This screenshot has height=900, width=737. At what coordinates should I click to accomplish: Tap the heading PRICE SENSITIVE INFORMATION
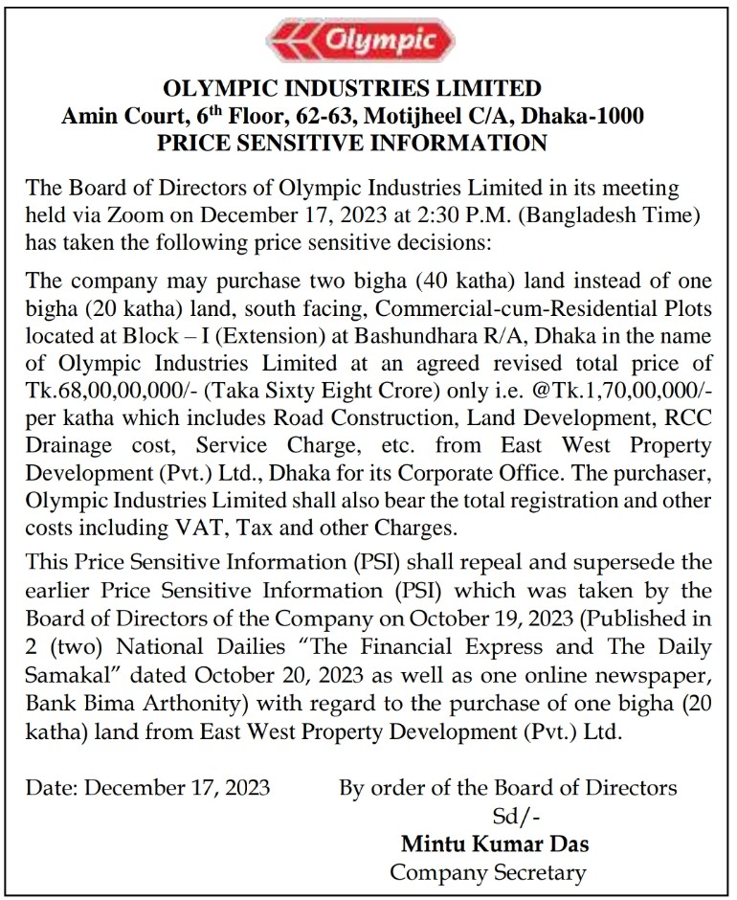pyautogui.click(x=352, y=144)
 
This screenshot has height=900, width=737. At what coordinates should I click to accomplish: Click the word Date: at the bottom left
pyautogui.click(x=55, y=789)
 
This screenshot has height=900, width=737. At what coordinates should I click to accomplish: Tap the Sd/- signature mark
pyautogui.click(x=501, y=816)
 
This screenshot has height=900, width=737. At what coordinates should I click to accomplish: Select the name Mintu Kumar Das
pyautogui.click(x=494, y=844)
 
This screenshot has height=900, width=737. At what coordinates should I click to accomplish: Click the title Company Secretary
pyautogui.click(x=488, y=872)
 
